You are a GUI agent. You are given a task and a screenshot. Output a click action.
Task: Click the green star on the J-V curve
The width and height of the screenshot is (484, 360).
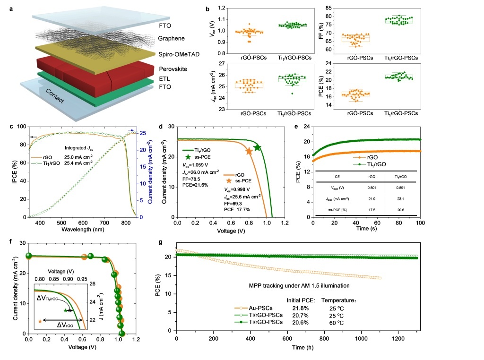click(258, 147)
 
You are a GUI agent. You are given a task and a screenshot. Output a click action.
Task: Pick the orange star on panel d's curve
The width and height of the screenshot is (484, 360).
click(249, 151)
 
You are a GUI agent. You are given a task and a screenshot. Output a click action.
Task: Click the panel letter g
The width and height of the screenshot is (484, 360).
click(162, 242)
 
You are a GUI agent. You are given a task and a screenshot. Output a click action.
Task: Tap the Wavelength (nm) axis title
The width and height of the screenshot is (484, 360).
click(83, 230)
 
